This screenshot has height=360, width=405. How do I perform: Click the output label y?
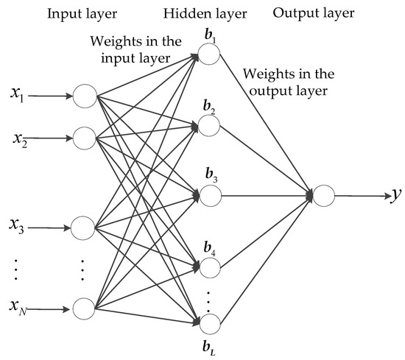tap(396, 195)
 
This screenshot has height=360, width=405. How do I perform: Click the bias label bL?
tap(208, 346)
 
